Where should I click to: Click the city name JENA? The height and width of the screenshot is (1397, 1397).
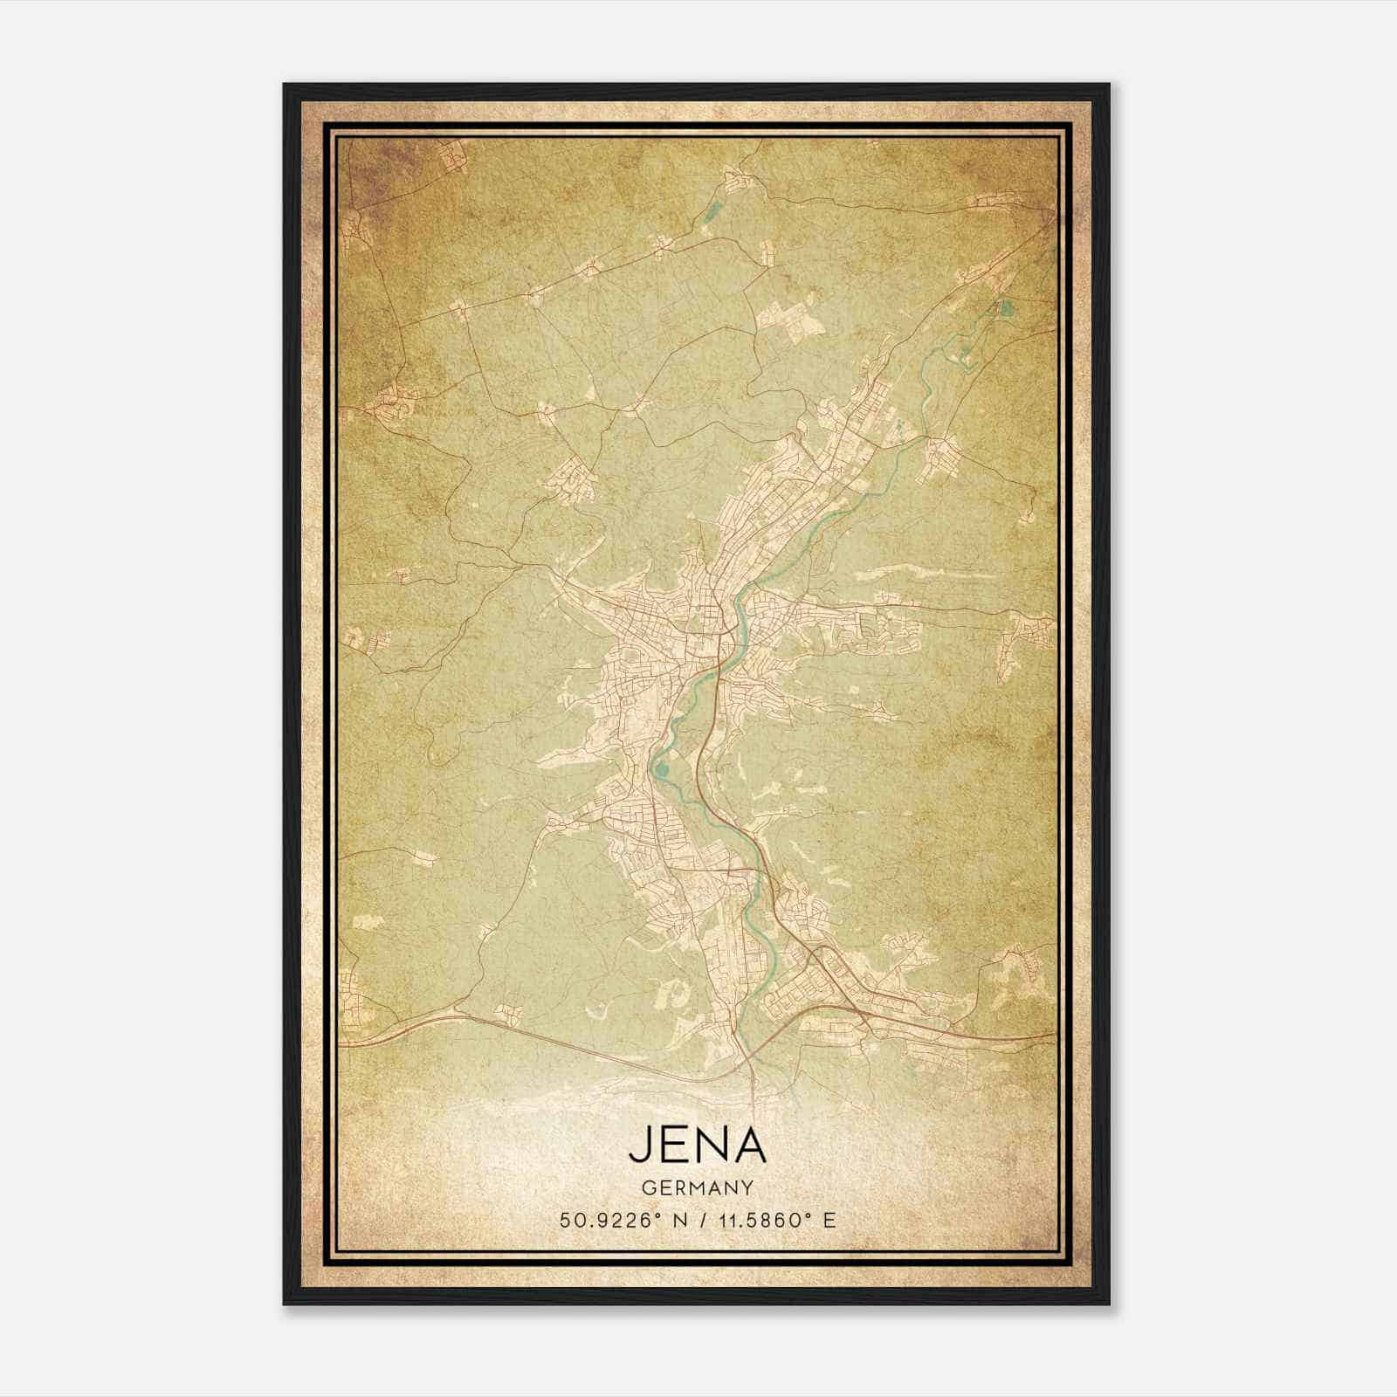coord(697,1146)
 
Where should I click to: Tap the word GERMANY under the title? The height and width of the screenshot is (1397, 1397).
coord(697,1187)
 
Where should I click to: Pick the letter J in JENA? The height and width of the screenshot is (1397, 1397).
coord(638,1146)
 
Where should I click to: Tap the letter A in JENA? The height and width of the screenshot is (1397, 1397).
coord(749,1146)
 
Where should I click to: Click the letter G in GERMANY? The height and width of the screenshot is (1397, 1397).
coord(646,1187)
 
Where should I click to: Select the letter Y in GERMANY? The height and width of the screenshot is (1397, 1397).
coord(748,1187)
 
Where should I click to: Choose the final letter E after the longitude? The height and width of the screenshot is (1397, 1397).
coord(829,1220)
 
